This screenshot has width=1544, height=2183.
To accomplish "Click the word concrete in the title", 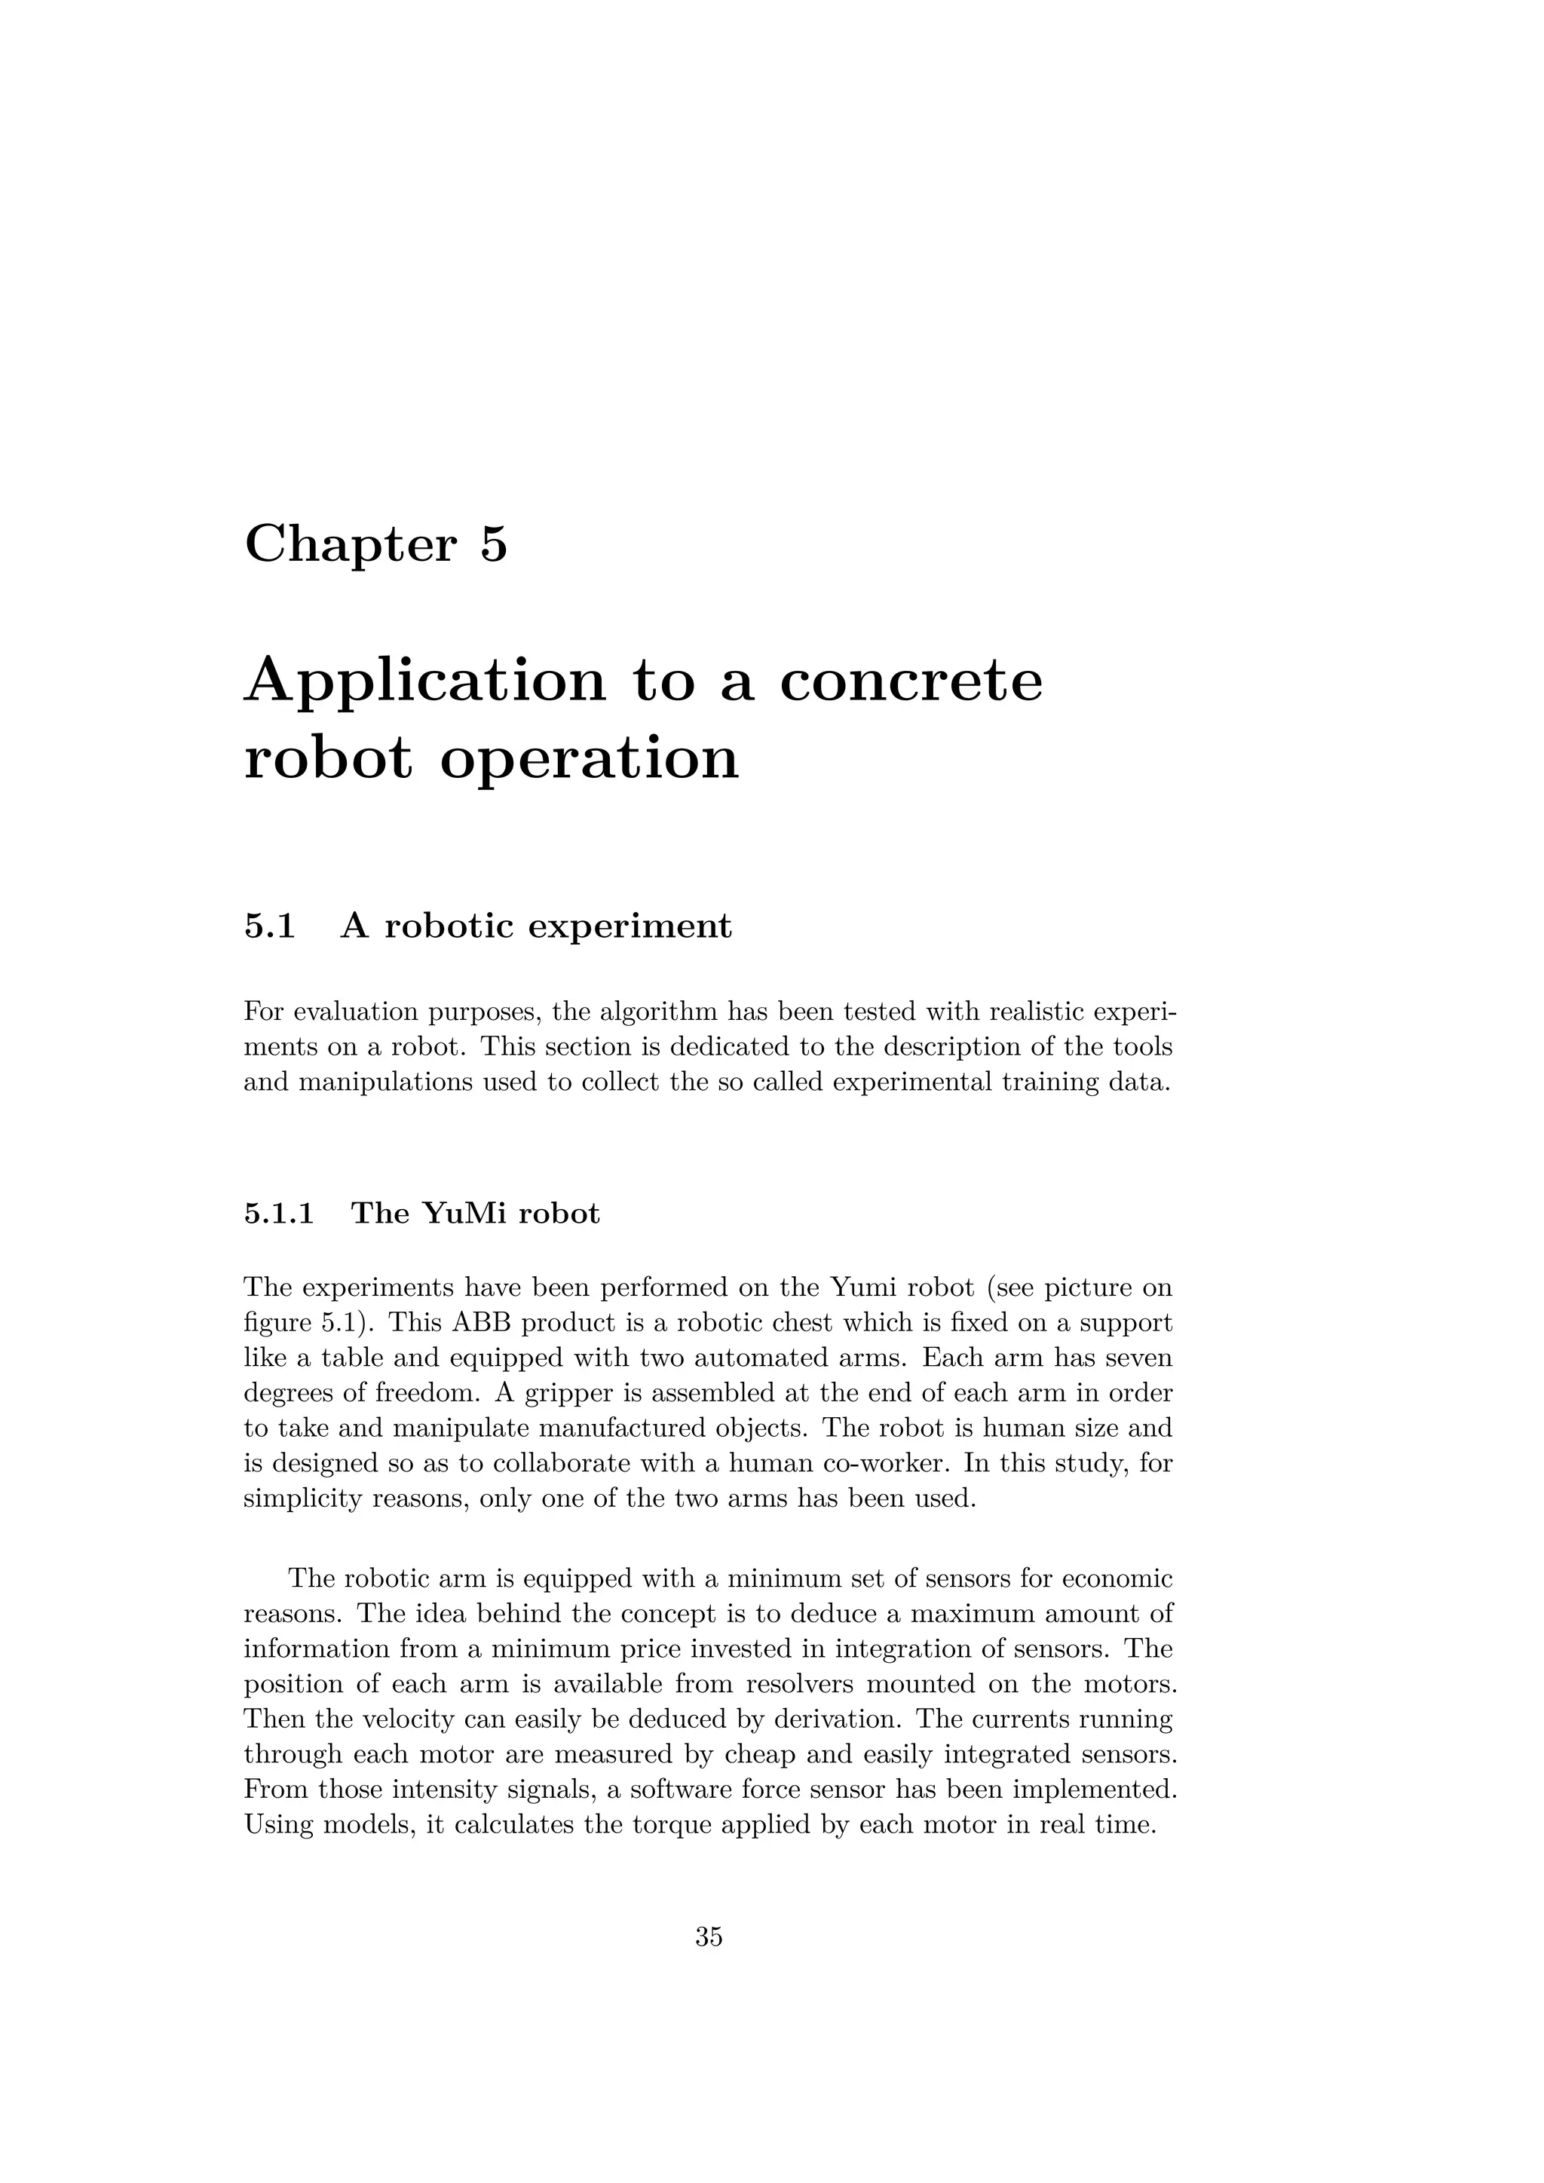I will tap(911, 681).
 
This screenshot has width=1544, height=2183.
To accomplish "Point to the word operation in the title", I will tap(589, 761).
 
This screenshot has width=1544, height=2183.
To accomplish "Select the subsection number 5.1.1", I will tap(278, 1214).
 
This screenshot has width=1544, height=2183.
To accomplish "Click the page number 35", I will tap(709, 1937).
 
